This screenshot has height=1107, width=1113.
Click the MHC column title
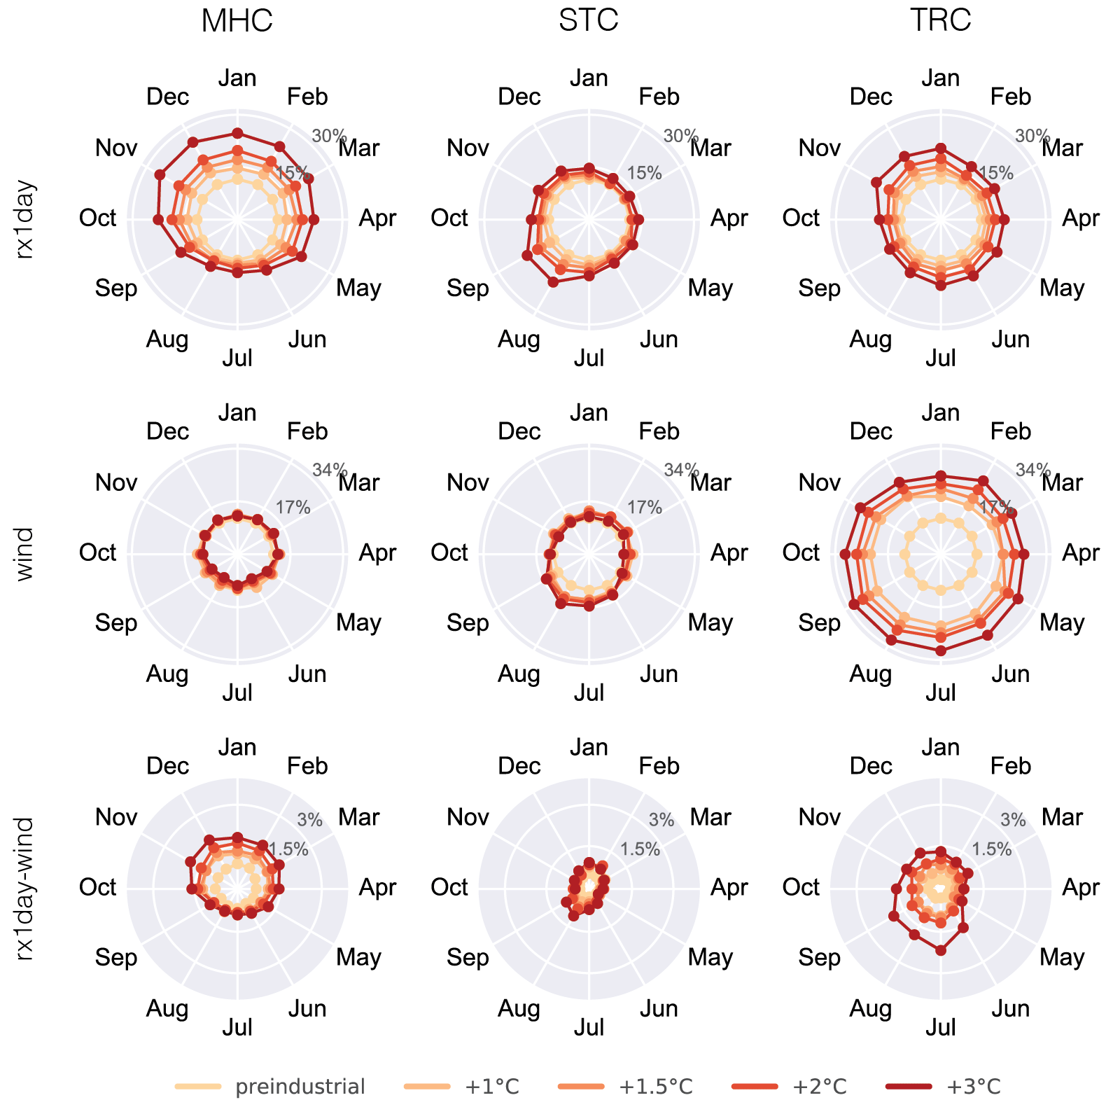point(237,20)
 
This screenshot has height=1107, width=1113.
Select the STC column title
point(589,20)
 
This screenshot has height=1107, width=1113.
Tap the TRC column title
point(940,20)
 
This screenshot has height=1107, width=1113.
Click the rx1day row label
point(24,220)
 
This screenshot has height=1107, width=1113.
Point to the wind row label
point(24,554)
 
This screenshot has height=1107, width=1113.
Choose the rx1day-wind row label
point(24,888)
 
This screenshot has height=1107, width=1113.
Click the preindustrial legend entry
point(300,1087)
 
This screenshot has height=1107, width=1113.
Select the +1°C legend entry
point(492,1087)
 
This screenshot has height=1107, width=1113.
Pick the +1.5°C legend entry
point(656,1087)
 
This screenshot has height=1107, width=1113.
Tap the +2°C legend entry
point(820,1087)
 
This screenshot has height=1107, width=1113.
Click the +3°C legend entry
point(974,1087)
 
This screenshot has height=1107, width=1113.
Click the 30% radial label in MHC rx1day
point(329,136)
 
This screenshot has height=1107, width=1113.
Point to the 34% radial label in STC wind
point(681,470)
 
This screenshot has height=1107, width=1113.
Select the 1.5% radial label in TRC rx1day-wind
point(991,849)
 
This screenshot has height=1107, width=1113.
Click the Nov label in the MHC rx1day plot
point(116,148)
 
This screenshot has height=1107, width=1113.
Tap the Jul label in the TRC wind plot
point(940,692)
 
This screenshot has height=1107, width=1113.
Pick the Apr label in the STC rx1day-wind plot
point(729,887)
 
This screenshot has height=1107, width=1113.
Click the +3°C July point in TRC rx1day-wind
point(941,950)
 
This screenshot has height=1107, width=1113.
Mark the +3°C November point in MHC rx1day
point(160,174)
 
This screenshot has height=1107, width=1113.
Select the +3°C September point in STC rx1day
point(526,256)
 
